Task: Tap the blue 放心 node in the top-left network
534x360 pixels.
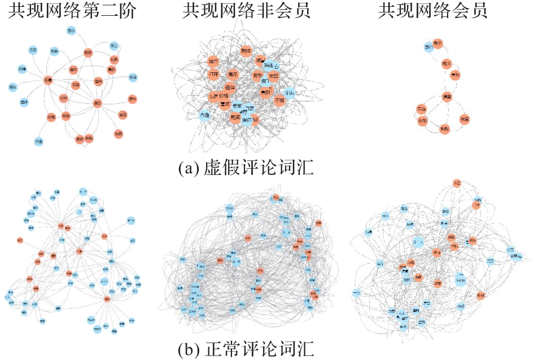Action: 71,30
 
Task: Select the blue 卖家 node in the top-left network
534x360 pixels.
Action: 33,50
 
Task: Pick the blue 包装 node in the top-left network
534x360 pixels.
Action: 54,51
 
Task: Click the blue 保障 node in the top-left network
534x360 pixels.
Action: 23,69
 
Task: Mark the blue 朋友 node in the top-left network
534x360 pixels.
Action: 12,87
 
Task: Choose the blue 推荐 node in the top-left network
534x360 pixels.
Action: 133,77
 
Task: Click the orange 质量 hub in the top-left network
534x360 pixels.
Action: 48,80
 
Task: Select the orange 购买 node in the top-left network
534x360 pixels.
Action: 87,52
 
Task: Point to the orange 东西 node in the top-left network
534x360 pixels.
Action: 118,134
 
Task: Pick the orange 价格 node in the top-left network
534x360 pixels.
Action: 51,117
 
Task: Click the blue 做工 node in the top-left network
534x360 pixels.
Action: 113,45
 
